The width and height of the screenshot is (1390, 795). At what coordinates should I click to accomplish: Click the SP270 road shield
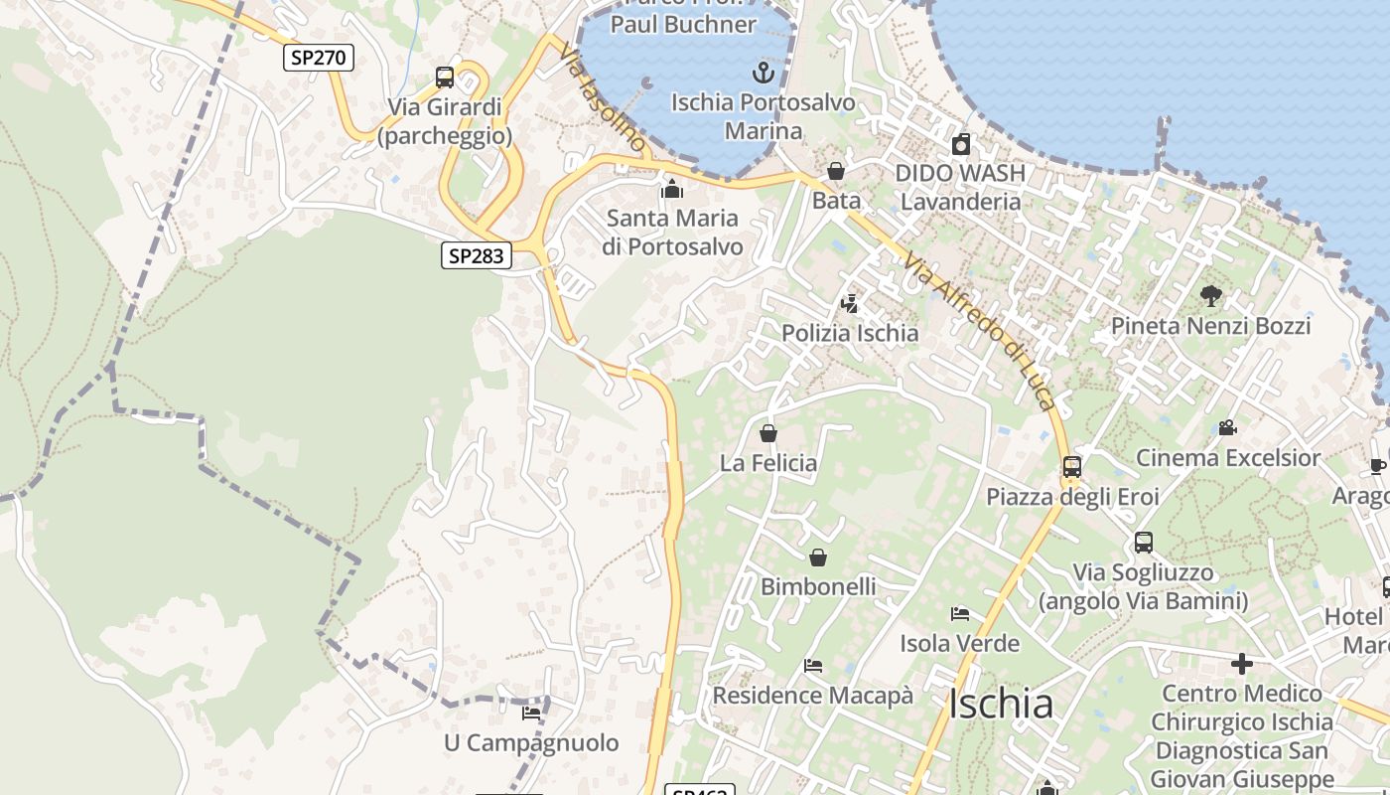click(x=319, y=58)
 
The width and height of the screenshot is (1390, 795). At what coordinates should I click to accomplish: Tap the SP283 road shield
click(x=477, y=256)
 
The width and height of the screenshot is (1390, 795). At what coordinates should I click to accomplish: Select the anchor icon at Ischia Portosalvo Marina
click(x=763, y=73)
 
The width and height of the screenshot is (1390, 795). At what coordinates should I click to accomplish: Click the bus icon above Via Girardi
click(x=445, y=78)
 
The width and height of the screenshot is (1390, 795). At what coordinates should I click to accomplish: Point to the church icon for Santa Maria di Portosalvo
click(x=672, y=188)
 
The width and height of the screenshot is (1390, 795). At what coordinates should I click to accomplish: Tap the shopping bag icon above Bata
click(x=836, y=172)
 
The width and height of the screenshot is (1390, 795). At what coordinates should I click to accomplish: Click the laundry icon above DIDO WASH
click(x=960, y=144)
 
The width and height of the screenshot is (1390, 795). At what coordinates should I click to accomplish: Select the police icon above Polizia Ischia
click(x=849, y=303)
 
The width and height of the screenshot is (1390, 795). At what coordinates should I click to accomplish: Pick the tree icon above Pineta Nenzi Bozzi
click(x=1210, y=295)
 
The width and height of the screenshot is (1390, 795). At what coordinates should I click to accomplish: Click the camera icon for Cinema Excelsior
click(x=1227, y=428)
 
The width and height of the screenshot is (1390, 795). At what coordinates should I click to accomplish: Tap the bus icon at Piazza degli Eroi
click(x=1072, y=466)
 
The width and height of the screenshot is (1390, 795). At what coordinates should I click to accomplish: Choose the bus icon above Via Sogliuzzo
click(x=1144, y=543)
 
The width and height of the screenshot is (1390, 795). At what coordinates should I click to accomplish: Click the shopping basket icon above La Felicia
click(x=768, y=433)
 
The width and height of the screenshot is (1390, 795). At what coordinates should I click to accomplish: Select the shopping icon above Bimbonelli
click(x=818, y=557)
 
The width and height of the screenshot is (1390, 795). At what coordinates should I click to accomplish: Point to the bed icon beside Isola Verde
click(x=959, y=614)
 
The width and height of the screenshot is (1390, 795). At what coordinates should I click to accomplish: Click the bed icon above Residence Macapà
click(x=813, y=665)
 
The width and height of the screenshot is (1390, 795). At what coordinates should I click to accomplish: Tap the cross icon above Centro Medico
click(x=1241, y=663)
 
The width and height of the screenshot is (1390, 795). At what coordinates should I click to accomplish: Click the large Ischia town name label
click(x=1001, y=704)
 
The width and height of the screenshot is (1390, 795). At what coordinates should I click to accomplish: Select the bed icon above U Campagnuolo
click(x=531, y=713)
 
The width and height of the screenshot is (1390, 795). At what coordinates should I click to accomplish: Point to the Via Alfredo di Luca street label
click(x=978, y=330)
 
